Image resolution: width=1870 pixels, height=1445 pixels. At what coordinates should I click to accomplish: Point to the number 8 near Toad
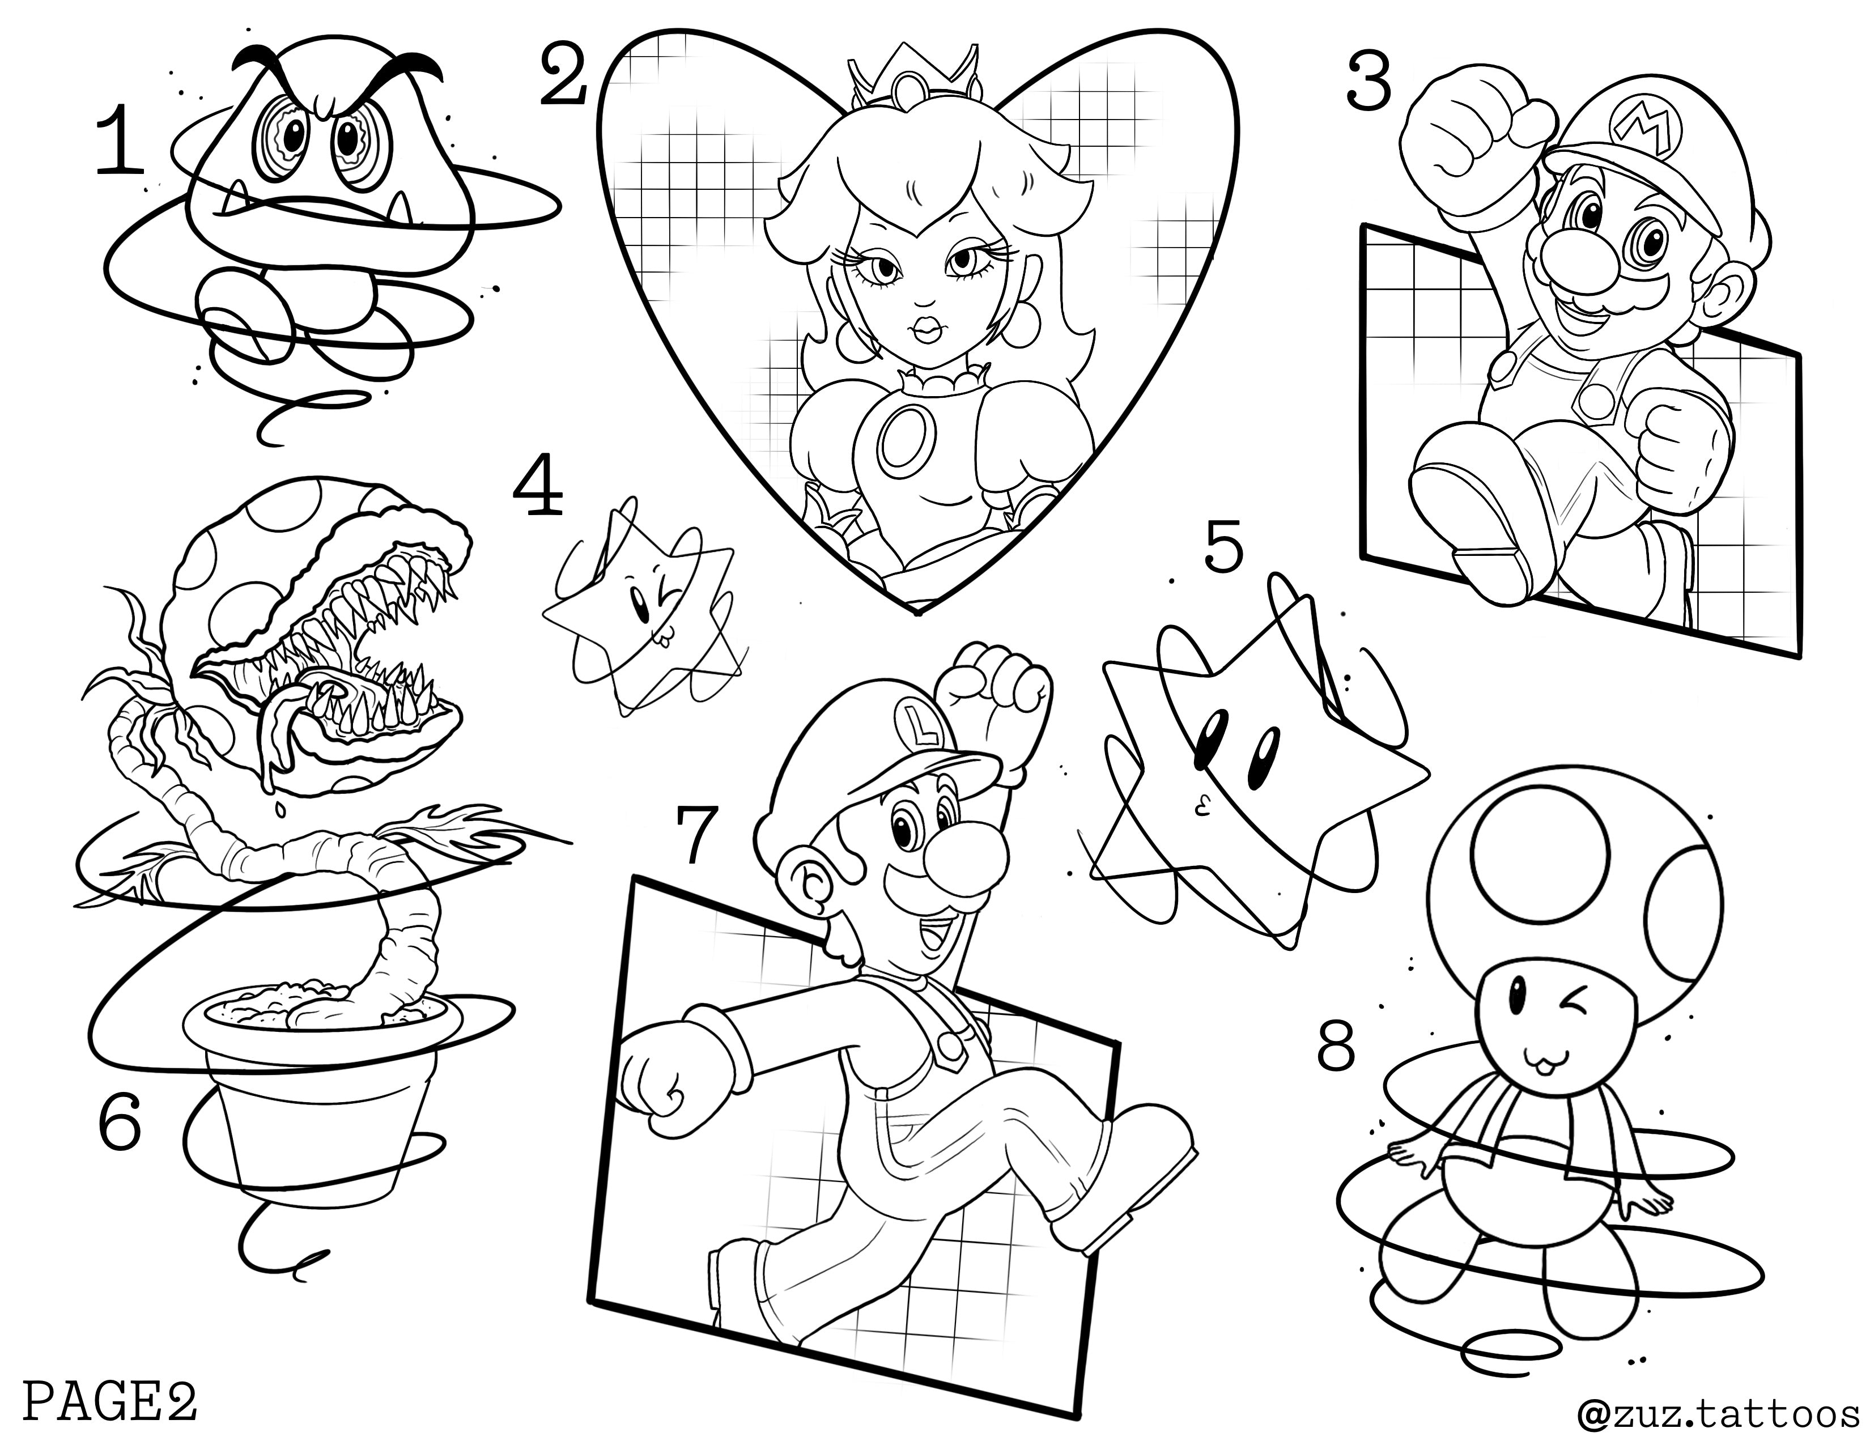click(1337, 1047)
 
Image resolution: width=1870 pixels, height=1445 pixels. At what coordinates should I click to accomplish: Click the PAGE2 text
click(109, 1401)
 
